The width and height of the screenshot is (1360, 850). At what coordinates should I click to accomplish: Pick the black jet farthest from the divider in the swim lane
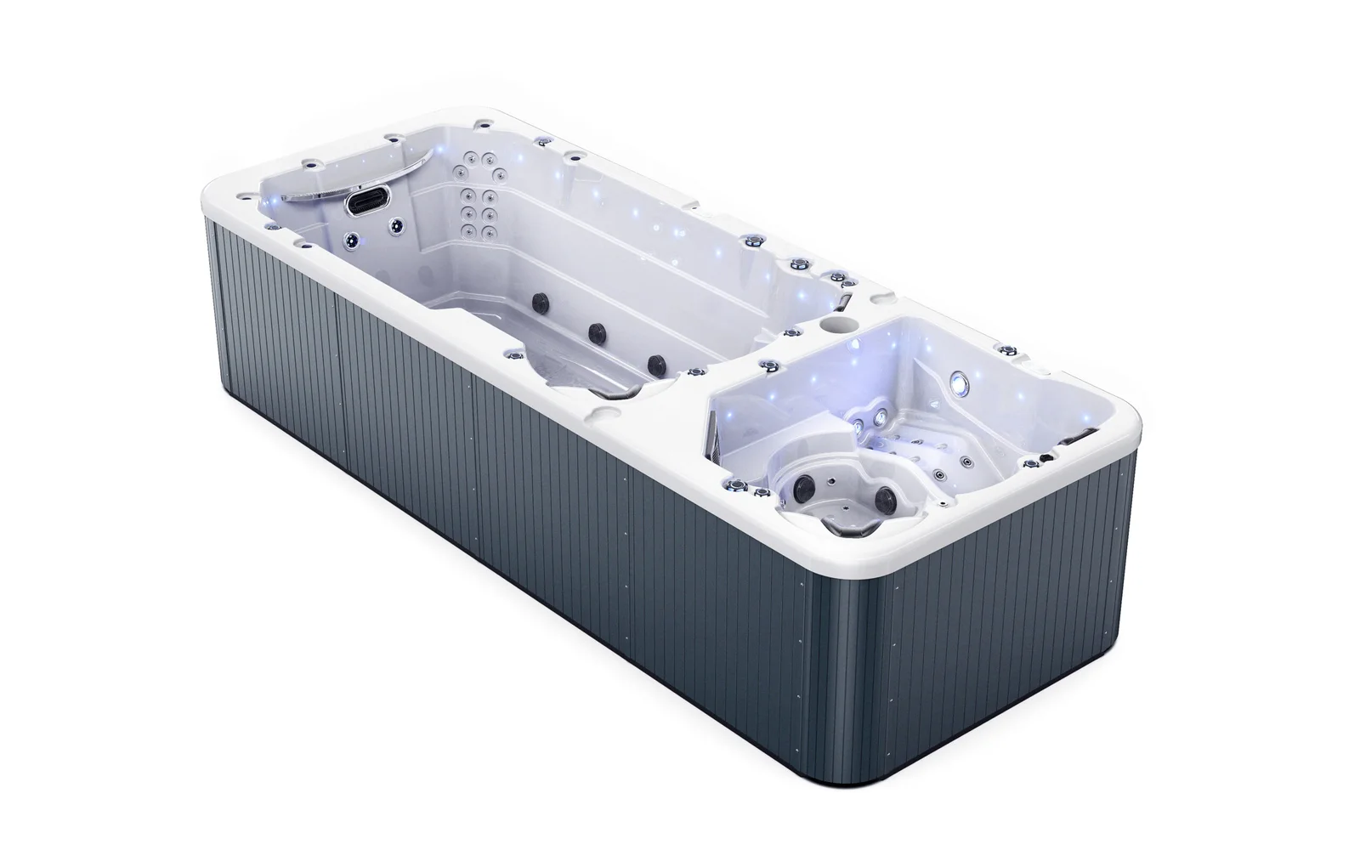pyautogui.click(x=539, y=301)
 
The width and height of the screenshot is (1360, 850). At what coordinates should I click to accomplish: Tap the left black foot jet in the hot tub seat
pyautogui.click(x=802, y=485)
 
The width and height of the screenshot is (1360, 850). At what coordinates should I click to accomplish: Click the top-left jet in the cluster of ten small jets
pyautogui.click(x=465, y=157)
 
